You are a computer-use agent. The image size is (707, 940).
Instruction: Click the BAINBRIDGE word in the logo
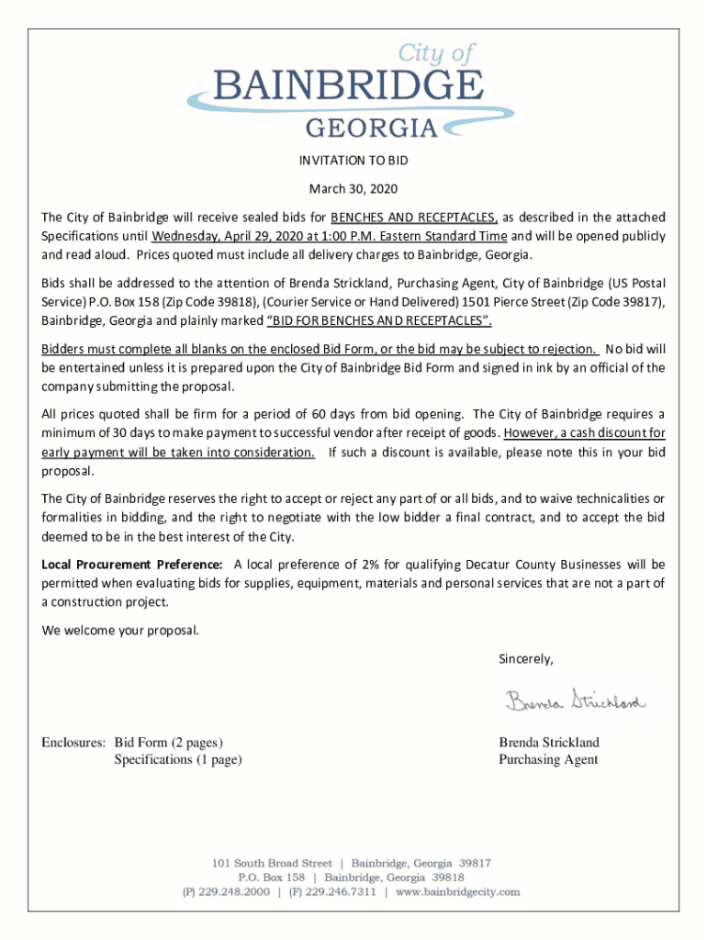coord(348,87)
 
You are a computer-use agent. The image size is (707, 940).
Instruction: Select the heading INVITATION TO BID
coord(353,161)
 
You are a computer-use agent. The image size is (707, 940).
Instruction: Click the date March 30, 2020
coord(353,189)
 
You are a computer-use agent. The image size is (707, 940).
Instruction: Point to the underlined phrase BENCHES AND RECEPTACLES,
coord(415,218)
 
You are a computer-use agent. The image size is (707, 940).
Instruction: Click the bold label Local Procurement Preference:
coord(132,565)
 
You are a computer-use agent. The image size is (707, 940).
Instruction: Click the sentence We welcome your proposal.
coord(119,631)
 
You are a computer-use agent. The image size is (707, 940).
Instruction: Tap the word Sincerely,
coord(525,659)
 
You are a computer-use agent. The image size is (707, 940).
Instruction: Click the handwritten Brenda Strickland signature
coord(575,702)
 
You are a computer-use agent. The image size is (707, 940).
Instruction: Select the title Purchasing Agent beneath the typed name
coord(548,759)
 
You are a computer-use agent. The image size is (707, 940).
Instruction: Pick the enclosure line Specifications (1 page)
coord(178,759)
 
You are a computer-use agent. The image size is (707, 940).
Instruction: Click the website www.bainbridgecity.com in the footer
coord(458,891)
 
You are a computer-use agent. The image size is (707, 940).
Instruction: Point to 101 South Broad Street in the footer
coord(271,863)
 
